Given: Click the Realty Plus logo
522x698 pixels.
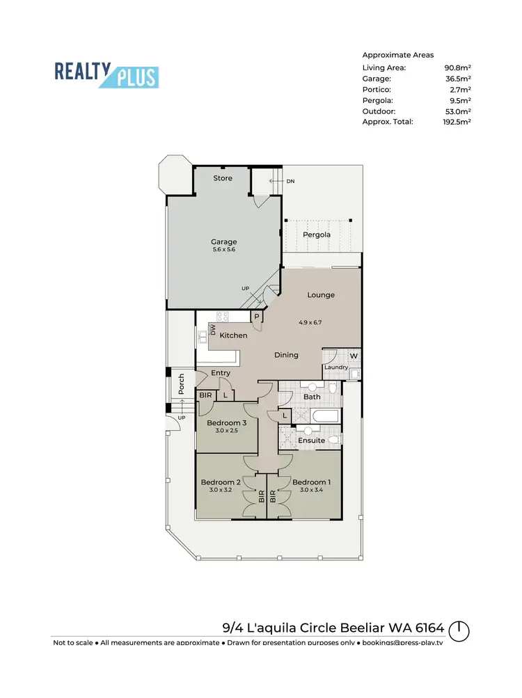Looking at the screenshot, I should (x=106, y=74).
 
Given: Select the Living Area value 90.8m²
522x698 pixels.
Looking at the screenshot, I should (x=457, y=68).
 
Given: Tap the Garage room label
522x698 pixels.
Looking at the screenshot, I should (x=223, y=242).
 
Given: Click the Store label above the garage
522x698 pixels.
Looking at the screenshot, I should (x=223, y=178).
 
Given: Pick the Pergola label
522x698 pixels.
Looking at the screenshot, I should (x=316, y=235).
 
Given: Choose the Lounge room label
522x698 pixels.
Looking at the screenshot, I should (x=321, y=295).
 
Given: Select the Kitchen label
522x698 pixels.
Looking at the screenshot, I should (x=233, y=335).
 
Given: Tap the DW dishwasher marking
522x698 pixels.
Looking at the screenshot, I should (x=214, y=329).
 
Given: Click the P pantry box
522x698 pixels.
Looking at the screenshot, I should (x=256, y=317).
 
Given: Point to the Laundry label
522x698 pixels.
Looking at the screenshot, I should (x=335, y=367).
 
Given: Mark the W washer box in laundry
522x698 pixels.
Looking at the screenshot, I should (x=353, y=356).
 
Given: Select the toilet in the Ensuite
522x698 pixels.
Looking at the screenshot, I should (x=335, y=440).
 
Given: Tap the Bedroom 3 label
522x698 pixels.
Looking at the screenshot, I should (x=227, y=423).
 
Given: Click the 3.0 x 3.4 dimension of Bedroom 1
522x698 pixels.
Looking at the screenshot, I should (x=311, y=490).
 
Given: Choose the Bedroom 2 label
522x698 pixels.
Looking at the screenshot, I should (x=221, y=482).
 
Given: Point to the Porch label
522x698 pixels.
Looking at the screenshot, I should (x=181, y=386).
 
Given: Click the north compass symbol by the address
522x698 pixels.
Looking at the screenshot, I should (x=459, y=631).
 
